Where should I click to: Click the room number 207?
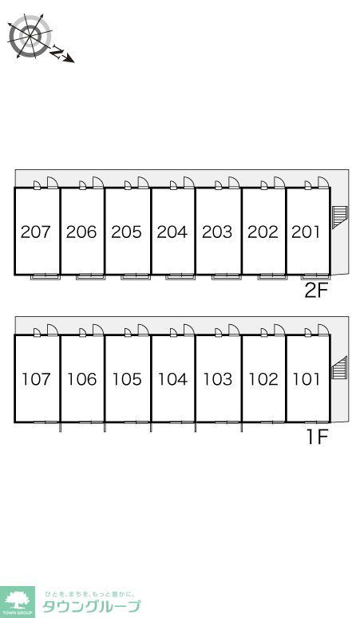[36, 232]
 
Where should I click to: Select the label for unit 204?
[172, 232]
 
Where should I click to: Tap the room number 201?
[306, 232]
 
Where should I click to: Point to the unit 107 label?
[36, 379]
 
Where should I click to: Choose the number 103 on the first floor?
[217, 379]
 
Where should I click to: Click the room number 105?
[127, 379]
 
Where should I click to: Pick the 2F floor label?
[316, 291]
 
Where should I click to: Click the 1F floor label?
[318, 437]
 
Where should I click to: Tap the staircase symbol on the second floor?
[340, 217]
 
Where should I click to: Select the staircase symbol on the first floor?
[339, 367]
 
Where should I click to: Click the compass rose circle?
[30, 36]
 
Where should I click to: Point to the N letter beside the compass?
[57, 52]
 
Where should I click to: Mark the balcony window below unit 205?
[136, 277]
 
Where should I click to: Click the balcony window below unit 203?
[226, 277]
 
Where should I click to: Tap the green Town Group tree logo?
[18, 602]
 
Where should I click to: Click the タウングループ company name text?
[91, 606]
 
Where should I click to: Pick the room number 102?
[263, 379]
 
